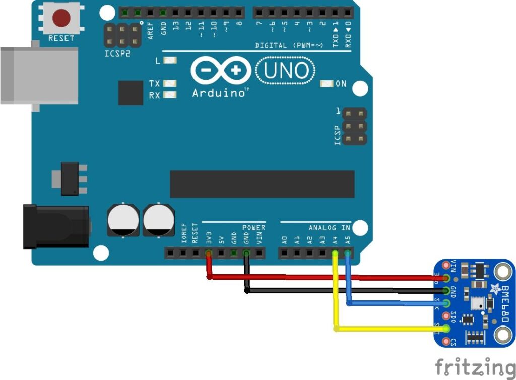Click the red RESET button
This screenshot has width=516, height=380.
pos(61,18)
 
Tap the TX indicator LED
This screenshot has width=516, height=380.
pos(171,84)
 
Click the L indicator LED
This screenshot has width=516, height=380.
pos(171,61)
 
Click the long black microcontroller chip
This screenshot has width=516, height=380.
pos(262,184)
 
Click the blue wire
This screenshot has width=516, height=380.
pos(393,303)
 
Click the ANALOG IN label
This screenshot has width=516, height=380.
pos(330,228)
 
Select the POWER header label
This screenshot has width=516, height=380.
pos(253,228)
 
